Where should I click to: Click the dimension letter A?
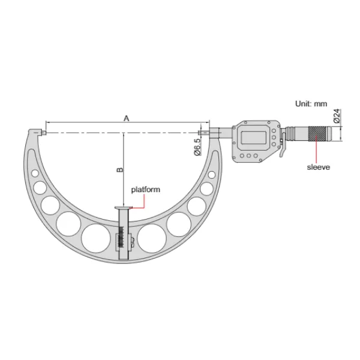click(x=126, y=118)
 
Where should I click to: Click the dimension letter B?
click(x=119, y=170)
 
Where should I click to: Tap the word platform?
click(x=146, y=189)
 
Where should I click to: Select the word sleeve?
click(x=318, y=167)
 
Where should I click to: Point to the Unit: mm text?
click(x=310, y=104)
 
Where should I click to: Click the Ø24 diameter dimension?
click(x=338, y=116)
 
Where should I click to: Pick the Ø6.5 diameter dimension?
click(x=196, y=147)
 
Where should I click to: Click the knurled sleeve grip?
click(x=317, y=133)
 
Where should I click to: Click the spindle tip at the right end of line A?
click(x=202, y=131)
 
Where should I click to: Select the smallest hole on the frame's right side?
click(x=212, y=174)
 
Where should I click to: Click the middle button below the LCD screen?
click(x=252, y=157)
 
